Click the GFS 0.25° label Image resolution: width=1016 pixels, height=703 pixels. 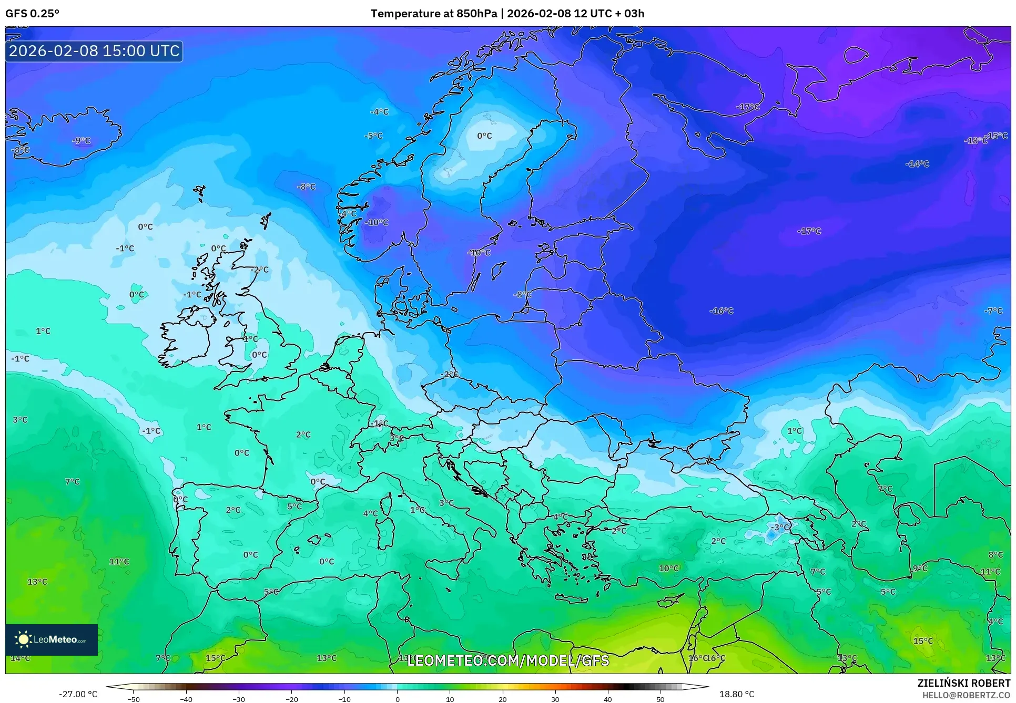coord(32,14)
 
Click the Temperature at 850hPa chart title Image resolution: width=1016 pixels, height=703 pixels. coord(507,14)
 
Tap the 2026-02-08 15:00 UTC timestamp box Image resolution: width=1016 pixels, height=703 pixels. coord(94,51)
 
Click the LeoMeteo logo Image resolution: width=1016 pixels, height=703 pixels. coord(52,639)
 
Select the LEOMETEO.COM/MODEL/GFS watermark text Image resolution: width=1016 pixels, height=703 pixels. coord(508,660)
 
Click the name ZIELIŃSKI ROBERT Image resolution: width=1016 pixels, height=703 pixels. coord(963,683)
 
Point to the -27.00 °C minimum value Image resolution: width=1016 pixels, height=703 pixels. coord(78,694)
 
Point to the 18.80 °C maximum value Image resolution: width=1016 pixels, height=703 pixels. coord(736,694)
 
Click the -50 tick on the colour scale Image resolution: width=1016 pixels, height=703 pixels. coord(134,699)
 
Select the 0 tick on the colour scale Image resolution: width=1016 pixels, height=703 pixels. coord(397,699)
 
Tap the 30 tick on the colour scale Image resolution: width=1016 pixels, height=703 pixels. coord(555,699)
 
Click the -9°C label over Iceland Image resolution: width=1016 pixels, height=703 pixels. coord(82,140)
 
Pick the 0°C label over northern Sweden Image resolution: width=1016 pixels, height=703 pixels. coord(484,136)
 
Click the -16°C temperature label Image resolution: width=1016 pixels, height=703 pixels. coord(722,311)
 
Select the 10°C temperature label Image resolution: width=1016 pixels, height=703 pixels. coord(669,568)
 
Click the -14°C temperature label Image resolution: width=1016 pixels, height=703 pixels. coord(917,164)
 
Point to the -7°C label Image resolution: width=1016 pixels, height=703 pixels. coord(993,311)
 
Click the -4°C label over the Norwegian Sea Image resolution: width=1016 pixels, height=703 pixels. coord(379,111)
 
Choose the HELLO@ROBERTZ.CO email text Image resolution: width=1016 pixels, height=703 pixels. coord(966,695)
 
